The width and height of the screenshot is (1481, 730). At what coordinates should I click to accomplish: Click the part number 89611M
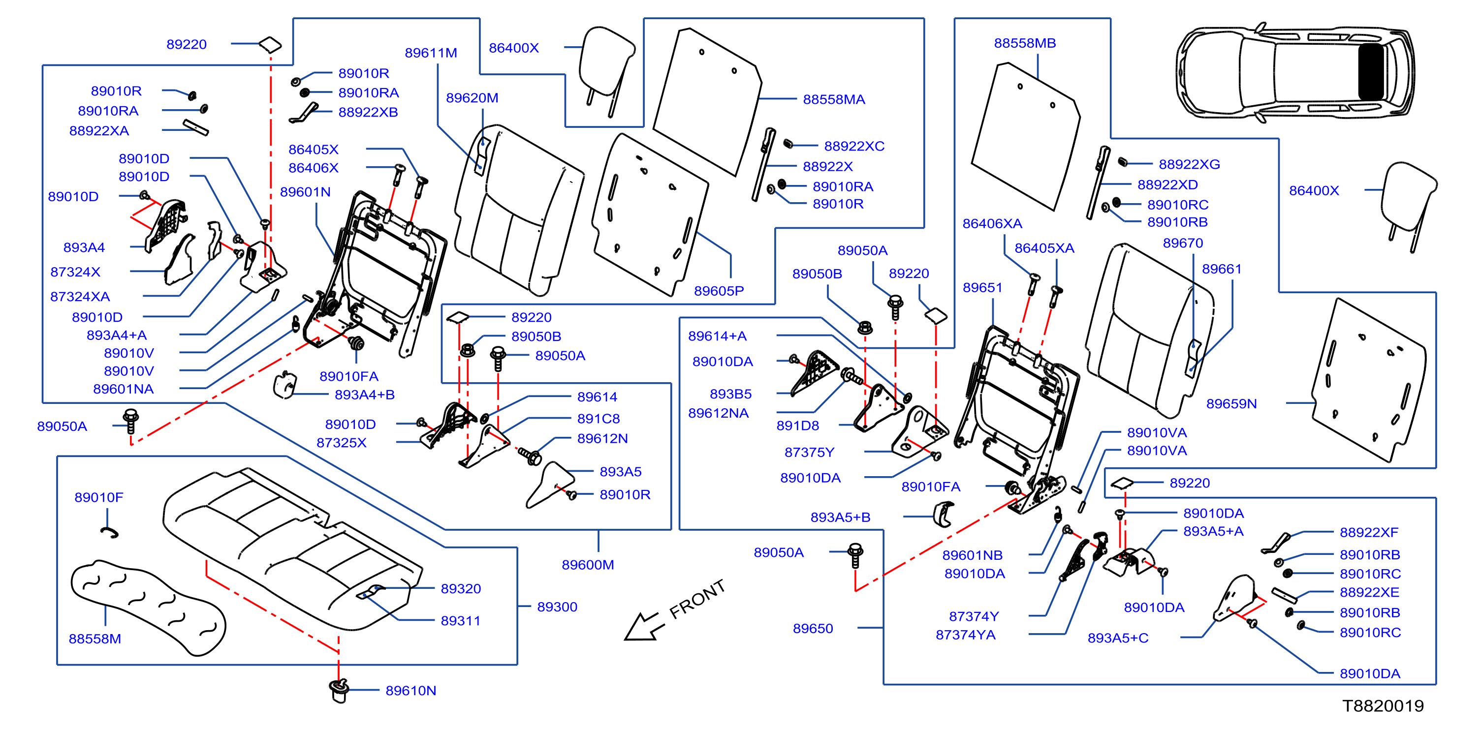(x=431, y=53)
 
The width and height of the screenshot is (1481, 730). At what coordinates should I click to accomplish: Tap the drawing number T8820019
(x=1383, y=706)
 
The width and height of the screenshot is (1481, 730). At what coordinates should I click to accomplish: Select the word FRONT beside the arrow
(x=697, y=599)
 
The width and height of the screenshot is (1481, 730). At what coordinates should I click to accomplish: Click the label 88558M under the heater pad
(x=95, y=639)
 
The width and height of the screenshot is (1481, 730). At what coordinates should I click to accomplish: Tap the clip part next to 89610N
(x=339, y=690)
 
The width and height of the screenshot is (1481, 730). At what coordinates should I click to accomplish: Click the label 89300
(x=557, y=607)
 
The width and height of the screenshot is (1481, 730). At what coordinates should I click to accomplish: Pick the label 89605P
(x=719, y=291)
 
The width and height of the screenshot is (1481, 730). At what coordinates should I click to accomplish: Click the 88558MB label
(x=1025, y=43)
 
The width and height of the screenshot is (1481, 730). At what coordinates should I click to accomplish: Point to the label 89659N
(x=1231, y=403)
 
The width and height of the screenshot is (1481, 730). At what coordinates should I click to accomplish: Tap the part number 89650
(x=813, y=628)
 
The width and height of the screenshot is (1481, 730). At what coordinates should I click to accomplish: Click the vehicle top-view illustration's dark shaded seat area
(x=1371, y=72)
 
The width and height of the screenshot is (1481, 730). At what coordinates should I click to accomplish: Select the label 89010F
(x=98, y=497)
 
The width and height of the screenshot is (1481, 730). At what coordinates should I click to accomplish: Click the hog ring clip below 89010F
(x=109, y=533)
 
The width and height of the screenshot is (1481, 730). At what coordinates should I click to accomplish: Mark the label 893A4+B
(x=365, y=395)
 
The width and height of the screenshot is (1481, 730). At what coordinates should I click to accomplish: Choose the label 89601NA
(x=123, y=389)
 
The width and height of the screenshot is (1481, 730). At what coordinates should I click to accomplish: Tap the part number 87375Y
(x=809, y=453)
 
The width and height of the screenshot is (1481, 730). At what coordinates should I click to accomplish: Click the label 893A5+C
(x=1118, y=638)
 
